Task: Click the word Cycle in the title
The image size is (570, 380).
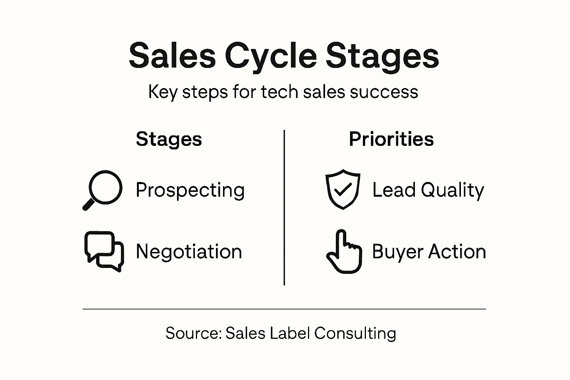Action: coord(271,56)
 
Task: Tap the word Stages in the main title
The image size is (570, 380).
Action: coord(382,56)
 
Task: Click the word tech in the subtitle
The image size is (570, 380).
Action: coord(279,92)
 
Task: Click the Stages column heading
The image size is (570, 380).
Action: coord(169,139)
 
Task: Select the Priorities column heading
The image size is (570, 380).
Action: coord(391,139)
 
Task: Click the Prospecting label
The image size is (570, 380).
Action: coord(190,190)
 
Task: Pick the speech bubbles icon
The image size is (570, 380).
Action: coord(104,252)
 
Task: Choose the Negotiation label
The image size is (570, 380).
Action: coord(189,252)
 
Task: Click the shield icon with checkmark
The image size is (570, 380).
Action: coord(343,189)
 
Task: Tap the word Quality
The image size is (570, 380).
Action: coord(452,190)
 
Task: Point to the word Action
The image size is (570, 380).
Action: coord(457,252)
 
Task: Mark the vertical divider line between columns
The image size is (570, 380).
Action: coord(284,208)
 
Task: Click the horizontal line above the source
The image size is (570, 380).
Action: coord(284,309)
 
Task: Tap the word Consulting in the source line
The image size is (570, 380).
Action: coord(355,333)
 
